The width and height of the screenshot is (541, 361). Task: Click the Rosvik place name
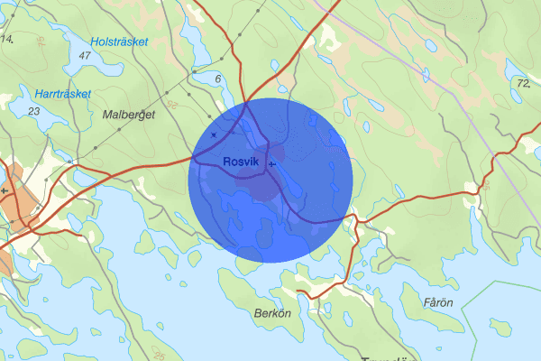(x=241, y=162)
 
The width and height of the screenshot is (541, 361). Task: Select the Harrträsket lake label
(x=64, y=94)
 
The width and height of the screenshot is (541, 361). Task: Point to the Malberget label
(x=130, y=116)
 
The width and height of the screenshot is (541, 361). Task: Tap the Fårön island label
(x=438, y=301)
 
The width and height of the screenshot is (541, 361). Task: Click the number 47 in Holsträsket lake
(x=86, y=56)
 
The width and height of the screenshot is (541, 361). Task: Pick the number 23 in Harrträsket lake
(x=34, y=111)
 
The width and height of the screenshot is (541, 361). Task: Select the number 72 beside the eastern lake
(x=523, y=83)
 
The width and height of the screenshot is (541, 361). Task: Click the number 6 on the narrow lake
(x=218, y=79)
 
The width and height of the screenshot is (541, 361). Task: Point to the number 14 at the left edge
(x=6, y=39)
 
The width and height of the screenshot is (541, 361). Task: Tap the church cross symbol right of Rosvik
(x=271, y=165)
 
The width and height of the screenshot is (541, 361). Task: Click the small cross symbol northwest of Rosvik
(x=214, y=134)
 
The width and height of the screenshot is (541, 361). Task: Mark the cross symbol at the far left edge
(x=5, y=191)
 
